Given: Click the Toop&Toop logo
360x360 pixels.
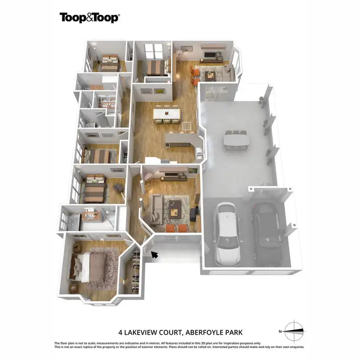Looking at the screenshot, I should (89, 18).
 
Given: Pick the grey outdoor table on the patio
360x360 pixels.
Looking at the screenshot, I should (236, 140).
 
